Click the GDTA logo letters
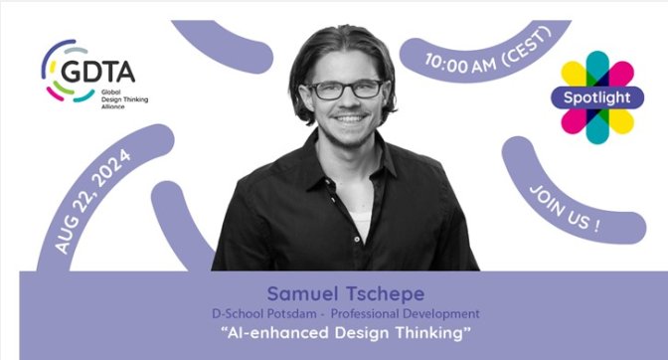point(98,72)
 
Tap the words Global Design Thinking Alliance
point(124,99)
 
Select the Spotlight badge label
point(596,97)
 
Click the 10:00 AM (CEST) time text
point(488,54)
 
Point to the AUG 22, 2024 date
point(92,201)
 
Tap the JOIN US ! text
point(565,209)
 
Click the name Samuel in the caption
point(302,293)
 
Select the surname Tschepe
point(385,294)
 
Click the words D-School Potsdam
point(264,314)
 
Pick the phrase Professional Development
point(406,314)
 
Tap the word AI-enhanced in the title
point(277,333)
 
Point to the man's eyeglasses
point(346,90)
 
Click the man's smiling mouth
point(349,119)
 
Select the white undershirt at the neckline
point(361,222)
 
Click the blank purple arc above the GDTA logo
point(223,46)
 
